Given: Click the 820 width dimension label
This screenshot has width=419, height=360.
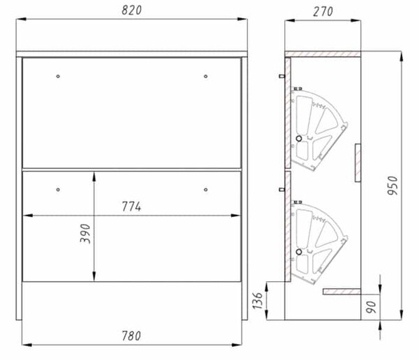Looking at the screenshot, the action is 131,10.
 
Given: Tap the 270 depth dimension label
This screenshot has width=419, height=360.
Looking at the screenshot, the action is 323,11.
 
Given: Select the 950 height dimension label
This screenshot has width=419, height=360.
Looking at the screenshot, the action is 392,186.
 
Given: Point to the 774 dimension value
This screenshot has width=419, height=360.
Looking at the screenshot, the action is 131,207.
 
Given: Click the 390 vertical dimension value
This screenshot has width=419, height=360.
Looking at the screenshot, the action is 85,234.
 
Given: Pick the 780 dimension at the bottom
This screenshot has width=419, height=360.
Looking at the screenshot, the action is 131,336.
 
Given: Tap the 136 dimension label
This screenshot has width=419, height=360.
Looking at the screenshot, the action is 258,301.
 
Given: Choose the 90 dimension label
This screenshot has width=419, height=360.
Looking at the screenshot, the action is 372,307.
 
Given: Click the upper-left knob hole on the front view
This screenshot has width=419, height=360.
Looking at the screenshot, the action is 58,76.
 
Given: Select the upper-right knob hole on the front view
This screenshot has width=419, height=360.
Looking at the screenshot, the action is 205,76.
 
